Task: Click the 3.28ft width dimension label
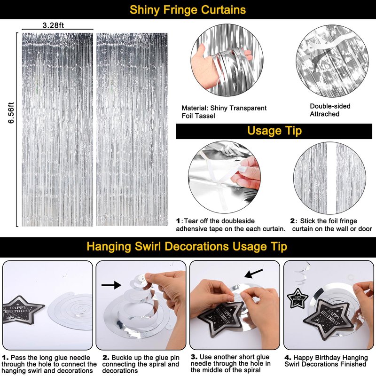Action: click(x=53, y=25)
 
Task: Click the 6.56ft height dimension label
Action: click(x=11, y=113)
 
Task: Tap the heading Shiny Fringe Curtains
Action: click(x=188, y=10)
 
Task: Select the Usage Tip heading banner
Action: click(x=274, y=131)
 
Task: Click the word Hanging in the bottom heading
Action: click(x=109, y=246)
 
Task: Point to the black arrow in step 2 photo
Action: click(x=111, y=285)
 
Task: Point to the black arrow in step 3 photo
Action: click(x=253, y=274)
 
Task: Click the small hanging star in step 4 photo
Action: click(x=298, y=298)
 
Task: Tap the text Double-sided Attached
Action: click(x=330, y=110)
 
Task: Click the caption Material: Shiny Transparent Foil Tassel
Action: click(x=224, y=112)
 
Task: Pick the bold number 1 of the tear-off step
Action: click(x=178, y=220)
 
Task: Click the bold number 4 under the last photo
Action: click(x=288, y=358)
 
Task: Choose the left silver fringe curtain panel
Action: click(x=57, y=130)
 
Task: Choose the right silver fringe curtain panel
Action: click(x=132, y=130)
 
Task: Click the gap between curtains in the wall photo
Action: click(x=331, y=178)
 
